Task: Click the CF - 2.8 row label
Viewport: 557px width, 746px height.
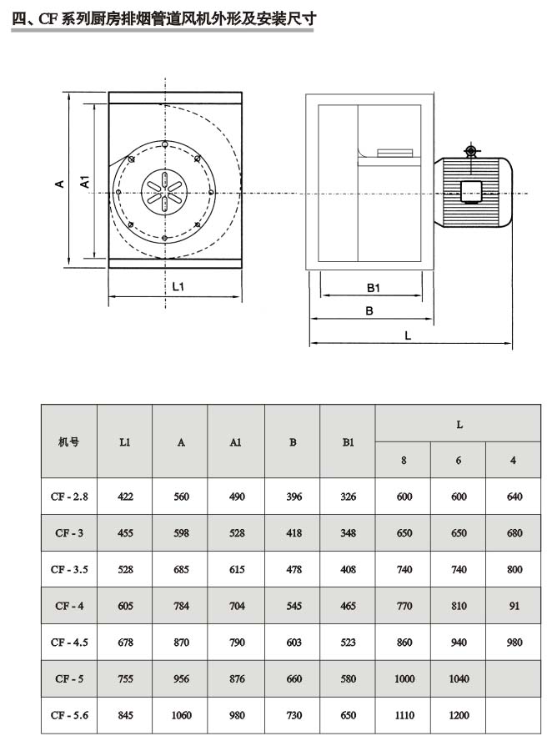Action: point(69,496)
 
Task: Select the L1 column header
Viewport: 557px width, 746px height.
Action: point(124,442)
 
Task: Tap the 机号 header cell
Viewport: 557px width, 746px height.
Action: point(69,442)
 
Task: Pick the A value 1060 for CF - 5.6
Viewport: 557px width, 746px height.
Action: point(181,714)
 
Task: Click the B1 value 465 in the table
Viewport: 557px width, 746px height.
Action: point(349,606)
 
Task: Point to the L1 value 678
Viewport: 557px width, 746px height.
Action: point(125,643)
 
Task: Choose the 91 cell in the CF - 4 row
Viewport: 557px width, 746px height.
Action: point(514,606)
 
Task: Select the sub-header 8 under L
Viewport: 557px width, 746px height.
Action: point(404,461)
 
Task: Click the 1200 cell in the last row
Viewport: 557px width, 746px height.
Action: point(459,714)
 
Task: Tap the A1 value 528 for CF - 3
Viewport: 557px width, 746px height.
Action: point(237,533)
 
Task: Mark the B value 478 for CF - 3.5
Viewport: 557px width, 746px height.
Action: point(293,569)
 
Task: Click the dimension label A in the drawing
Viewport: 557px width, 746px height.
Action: point(60,183)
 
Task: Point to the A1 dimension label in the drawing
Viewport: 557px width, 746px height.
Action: point(85,183)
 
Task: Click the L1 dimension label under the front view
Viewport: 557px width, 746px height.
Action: point(178,286)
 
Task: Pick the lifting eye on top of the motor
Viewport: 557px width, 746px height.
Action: point(470,151)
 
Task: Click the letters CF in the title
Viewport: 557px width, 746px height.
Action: point(47,17)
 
